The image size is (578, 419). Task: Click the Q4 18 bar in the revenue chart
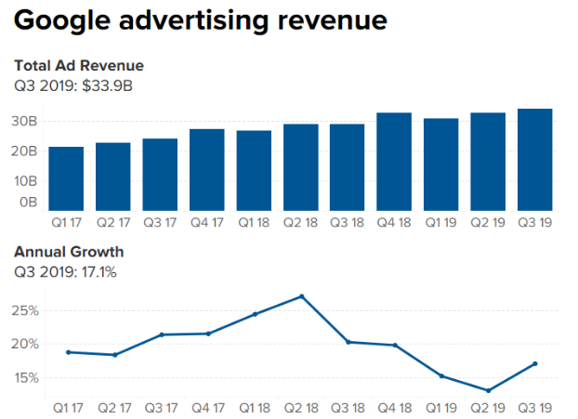[394, 162]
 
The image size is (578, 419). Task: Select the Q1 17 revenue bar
[66, 178]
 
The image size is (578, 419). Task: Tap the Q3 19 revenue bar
[535, 160]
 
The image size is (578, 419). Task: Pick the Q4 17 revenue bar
[206, 169]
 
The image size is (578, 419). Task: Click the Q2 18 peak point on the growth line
[301, 296]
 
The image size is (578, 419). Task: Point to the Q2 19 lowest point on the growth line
[488, 390]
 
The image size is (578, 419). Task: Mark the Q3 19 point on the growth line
[535, 363]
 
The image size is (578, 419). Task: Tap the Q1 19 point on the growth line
[441, 376]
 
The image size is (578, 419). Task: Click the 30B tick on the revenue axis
[24, 121]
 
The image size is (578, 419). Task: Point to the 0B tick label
[28, 202]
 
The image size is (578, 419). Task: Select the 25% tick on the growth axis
[24, 310]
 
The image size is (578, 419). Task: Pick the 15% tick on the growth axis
[24, 378]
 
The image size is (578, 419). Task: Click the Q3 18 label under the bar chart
[348, 223]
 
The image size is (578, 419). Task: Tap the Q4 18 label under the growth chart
[394, 409]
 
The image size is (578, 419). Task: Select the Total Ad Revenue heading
[79, 66]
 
